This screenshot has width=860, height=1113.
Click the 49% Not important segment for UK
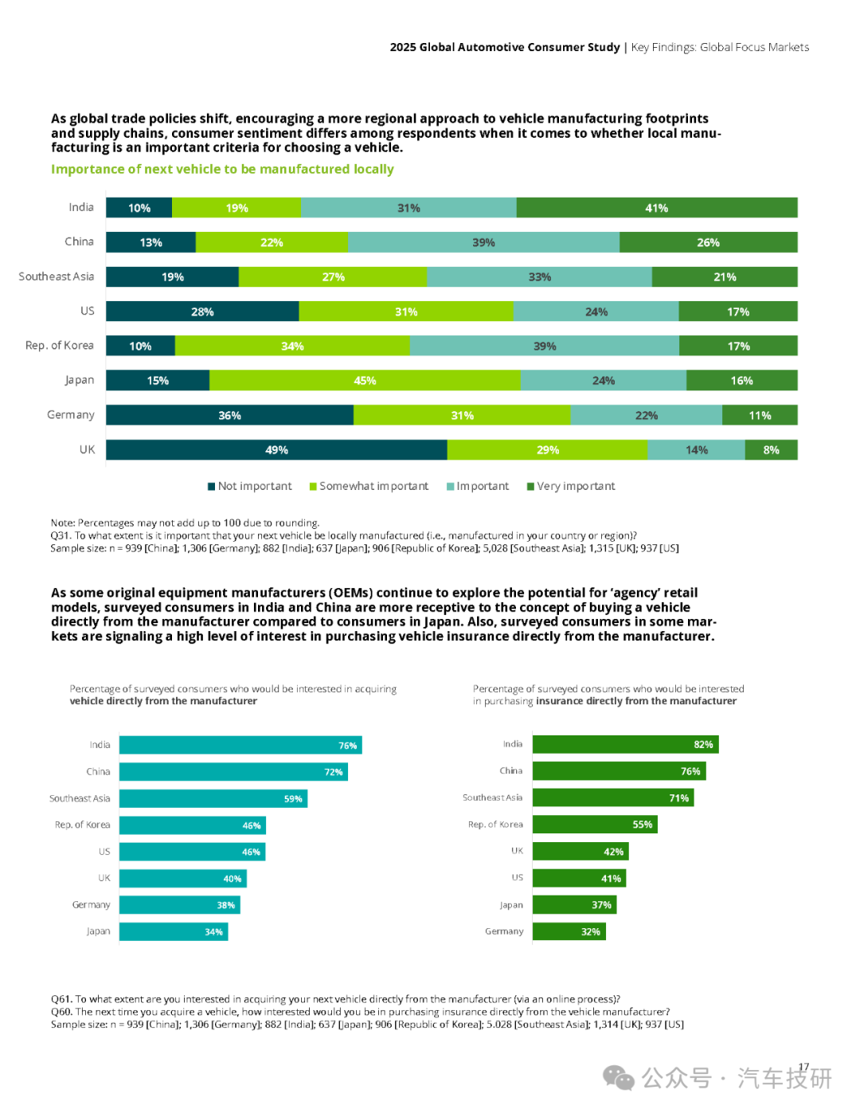(x=276, y=449)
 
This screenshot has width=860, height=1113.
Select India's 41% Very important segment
(x=657, y=207)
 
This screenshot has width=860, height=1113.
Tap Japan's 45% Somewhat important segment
(x=365, y=380)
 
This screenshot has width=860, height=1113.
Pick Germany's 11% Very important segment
(x=760, y=415)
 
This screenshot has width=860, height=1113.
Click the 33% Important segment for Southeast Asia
(x=540, y=276)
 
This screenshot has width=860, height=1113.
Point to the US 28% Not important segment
(x=202, y=311)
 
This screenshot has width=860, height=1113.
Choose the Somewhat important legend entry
(x=369, y=486)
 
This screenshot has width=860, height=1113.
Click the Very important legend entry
(x=571, y=486)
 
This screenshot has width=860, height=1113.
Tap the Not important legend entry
(x=250, y=486)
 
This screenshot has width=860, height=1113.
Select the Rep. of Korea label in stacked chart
(x=60, y=345)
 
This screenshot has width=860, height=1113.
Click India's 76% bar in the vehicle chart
(x=240, y=745)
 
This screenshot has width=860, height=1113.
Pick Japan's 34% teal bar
(x=174, y=931)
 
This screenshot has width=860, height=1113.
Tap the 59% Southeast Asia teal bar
(x=213, y=798)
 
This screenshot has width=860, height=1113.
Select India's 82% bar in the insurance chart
(x=626, y=744)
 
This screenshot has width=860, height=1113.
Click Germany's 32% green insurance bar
(x=569, y=931)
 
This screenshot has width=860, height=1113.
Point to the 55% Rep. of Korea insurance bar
(x=595, y=824)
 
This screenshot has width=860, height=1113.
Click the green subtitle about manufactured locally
(x=222, y=169)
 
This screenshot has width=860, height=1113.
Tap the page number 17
(x=803, y=1067)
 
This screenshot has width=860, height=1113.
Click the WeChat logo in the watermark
(x=619, y=1078)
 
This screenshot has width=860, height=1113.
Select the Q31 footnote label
(x=61, y=535)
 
